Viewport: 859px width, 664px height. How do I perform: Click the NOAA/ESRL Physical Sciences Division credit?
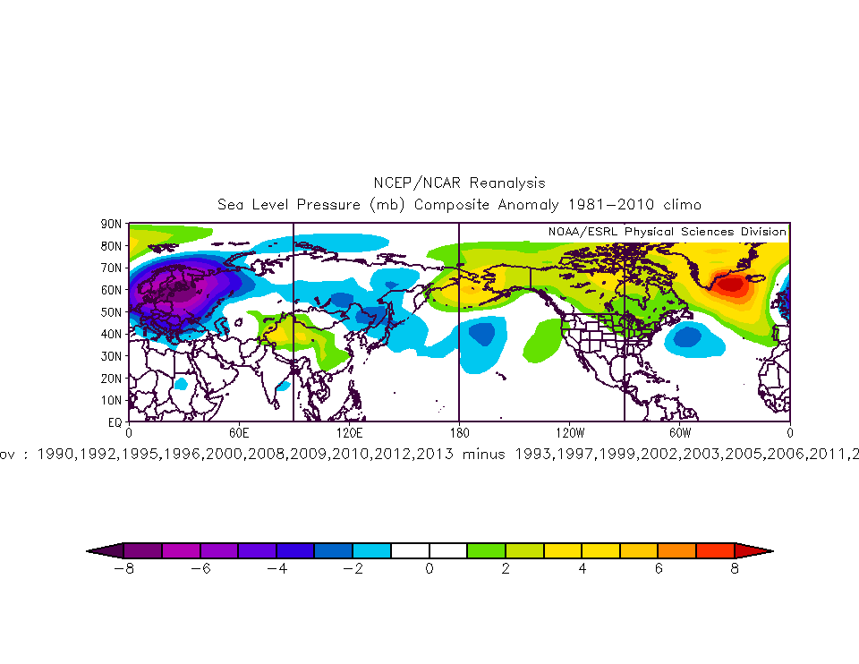(667, 232)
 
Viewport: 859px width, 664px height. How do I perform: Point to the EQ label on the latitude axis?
(115, 421)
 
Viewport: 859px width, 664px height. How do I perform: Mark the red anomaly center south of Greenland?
(732, 285)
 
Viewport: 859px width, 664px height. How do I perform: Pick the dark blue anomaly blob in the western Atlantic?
(687, 337)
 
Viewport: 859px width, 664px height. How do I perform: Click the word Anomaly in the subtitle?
(524, 205)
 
